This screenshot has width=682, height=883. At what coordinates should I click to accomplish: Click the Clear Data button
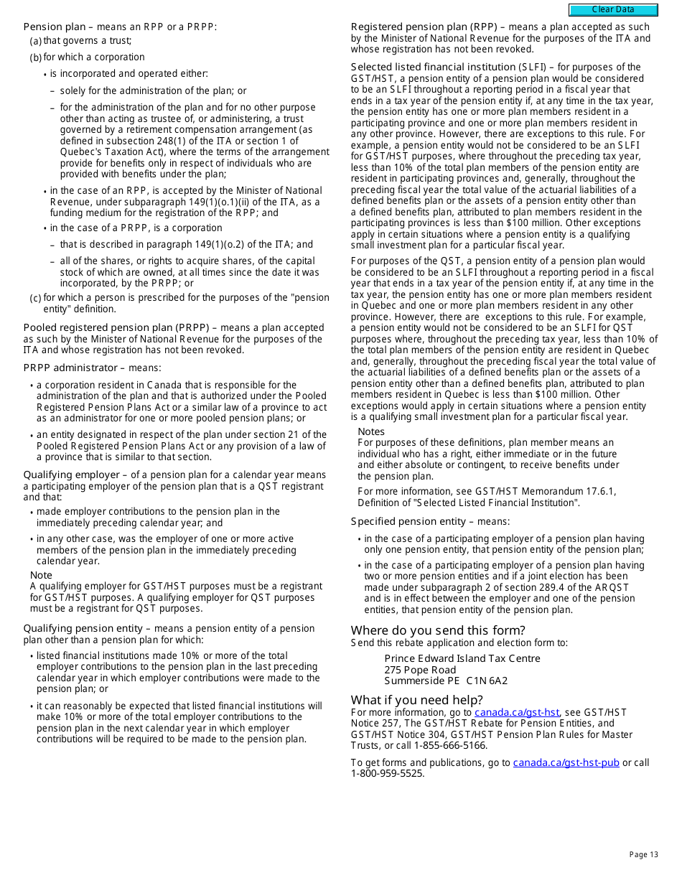click(x=613, y=10)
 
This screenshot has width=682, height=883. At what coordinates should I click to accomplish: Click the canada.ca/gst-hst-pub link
click(x=566, y=762)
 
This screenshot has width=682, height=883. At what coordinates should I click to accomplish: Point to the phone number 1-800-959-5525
click(x=387, y=773)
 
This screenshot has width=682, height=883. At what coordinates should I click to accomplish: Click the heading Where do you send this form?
click(x=438, y=630)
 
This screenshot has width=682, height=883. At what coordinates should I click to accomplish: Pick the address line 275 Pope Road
click(x=420, y=670)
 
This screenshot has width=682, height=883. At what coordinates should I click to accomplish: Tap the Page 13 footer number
click(x=643, y=854)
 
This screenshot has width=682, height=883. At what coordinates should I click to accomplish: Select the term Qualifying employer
click(x=71, y=475)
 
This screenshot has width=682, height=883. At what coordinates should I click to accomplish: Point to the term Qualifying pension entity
click(x=83, y=628)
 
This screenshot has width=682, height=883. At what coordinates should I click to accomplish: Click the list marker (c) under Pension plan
click(x=35, y=298)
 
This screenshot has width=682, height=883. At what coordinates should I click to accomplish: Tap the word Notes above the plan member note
click(x=371, y=431)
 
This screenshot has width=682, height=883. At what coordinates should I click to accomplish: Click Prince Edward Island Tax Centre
click(x=462, y=658)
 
